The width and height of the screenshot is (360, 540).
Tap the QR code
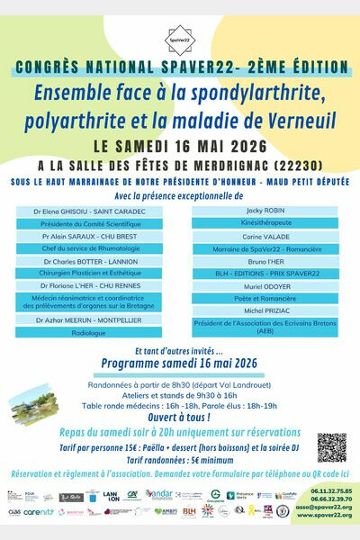(x=331, y=447)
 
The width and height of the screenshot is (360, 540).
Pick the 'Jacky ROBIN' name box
(x=271, y=209)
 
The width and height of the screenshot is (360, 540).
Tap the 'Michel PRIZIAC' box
(x=271, y=310)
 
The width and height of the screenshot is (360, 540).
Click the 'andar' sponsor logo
(x=159, y=494)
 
